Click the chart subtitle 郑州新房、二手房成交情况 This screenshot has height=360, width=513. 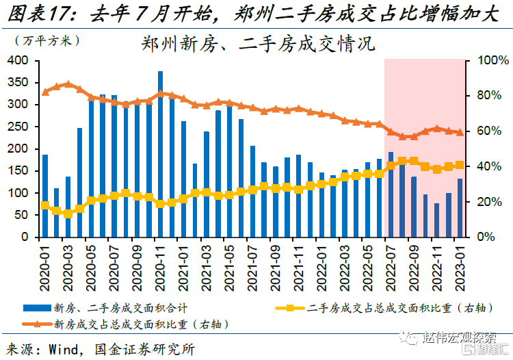click(258, 45)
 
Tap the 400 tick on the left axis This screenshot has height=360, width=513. click(18, 61)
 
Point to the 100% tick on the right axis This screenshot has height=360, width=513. click(490, 61)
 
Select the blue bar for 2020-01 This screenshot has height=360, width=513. click(45, 195)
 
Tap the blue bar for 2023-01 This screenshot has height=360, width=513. click(460, 207)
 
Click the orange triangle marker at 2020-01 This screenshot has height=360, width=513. click(45, 92)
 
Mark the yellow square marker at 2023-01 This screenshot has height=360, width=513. click(460, 165)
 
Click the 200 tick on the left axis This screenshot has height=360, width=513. click(18, 149)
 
